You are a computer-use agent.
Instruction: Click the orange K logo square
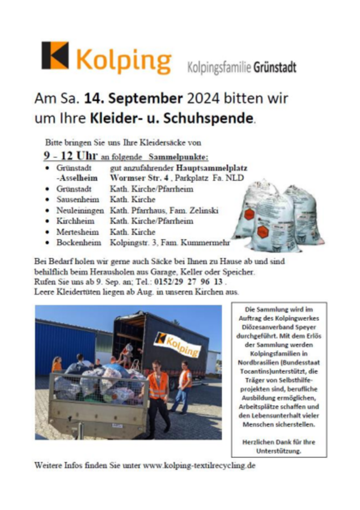(x=55, y=56)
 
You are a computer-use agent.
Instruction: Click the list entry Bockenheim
(x=79, y=243)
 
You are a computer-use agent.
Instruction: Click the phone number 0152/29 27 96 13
(x=192, y=282)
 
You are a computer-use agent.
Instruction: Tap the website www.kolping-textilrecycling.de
(x=199, y=465)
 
